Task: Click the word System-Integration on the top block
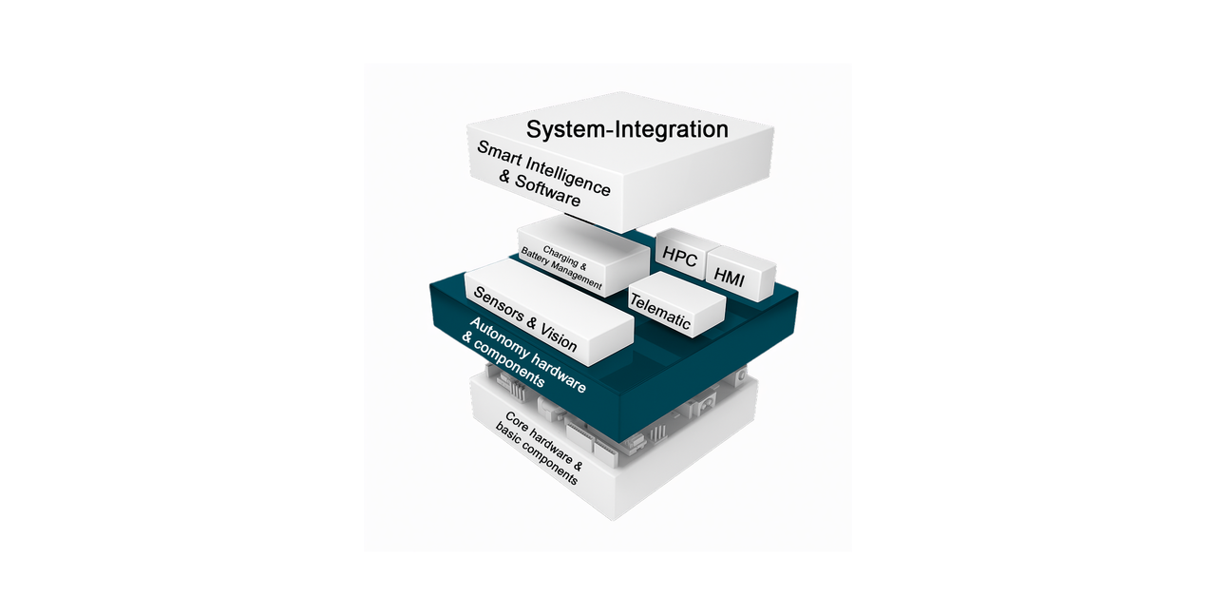(627, 130)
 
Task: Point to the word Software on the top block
(548, 191)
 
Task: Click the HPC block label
(679, 256)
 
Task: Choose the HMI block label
(729, 277)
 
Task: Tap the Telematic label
(660, 312)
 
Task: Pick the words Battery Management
(561, 268)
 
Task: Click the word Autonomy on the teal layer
(499, 338)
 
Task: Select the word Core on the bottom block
(517, 420)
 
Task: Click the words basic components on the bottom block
(537, 453)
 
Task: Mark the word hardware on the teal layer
(559, 373)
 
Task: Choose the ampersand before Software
(505, 177)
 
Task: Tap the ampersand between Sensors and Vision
(532, 324)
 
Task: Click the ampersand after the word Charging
(583, 265)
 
